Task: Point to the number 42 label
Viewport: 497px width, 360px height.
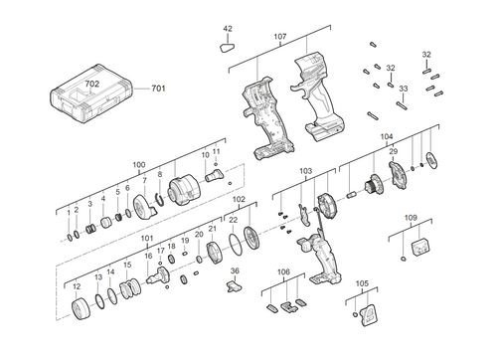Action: point(228,29)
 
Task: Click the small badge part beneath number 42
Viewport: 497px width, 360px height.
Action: point(228,45)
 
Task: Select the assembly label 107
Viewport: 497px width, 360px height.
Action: point(279,38)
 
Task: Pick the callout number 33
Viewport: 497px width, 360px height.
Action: point(404,89)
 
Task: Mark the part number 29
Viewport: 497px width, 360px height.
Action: point(393,150)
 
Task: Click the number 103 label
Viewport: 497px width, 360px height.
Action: point(306,171)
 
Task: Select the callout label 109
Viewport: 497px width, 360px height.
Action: point(411,217)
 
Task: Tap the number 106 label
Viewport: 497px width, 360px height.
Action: point(283,272)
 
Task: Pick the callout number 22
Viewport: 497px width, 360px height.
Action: point(233,219)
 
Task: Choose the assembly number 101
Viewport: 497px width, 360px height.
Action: point(147,239)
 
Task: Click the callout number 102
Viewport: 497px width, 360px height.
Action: point(239,200)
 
